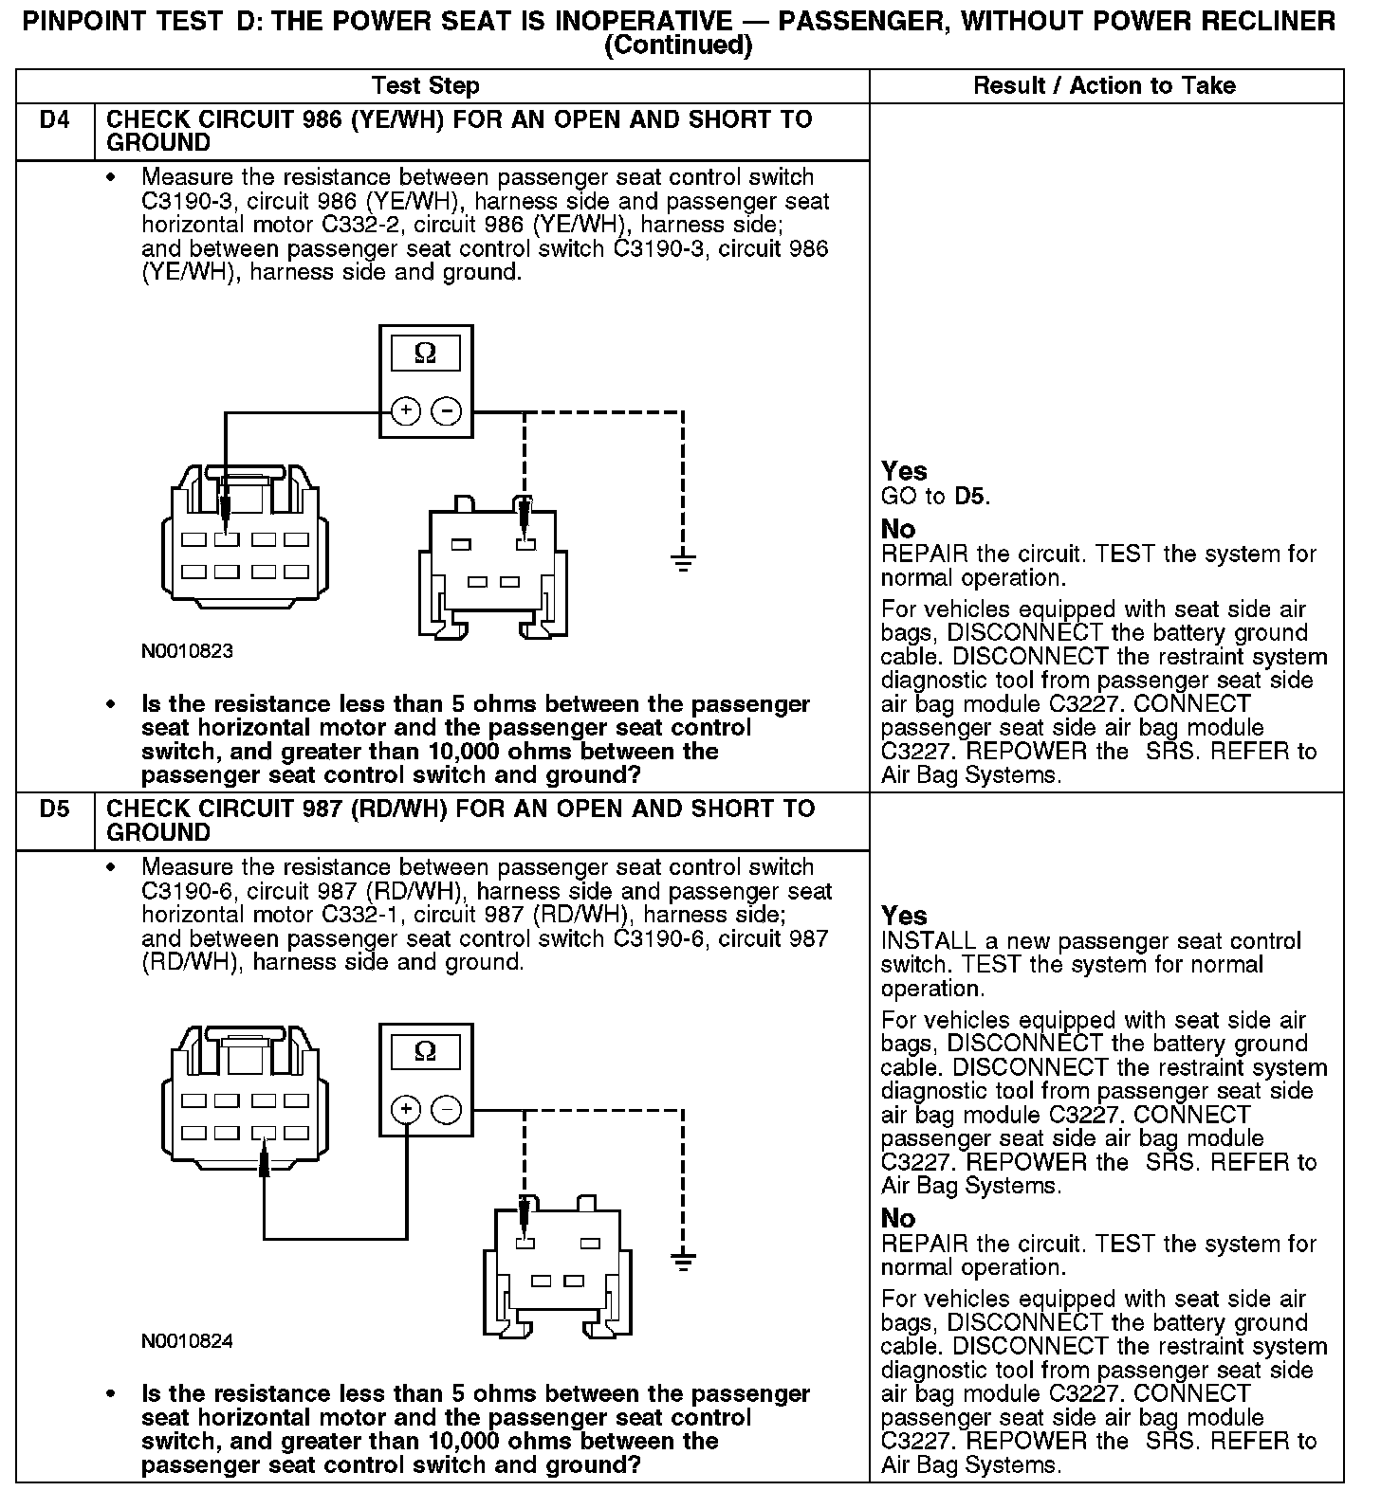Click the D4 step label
55,120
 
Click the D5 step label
55,809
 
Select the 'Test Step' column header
426,86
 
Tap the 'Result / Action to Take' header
1104,86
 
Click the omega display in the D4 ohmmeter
426,355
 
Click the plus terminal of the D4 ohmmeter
406,410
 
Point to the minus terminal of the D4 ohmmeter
447,410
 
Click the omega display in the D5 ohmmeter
426,1052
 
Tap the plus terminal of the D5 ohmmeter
406,1109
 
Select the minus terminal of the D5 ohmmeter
447,1109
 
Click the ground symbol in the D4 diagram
683,563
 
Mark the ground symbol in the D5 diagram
683,1261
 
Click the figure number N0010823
187,652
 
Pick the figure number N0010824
187,1341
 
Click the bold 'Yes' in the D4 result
904,471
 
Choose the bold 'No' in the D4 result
898,529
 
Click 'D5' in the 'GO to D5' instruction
969,496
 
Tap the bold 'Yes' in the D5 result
904,916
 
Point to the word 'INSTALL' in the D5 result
929,941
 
